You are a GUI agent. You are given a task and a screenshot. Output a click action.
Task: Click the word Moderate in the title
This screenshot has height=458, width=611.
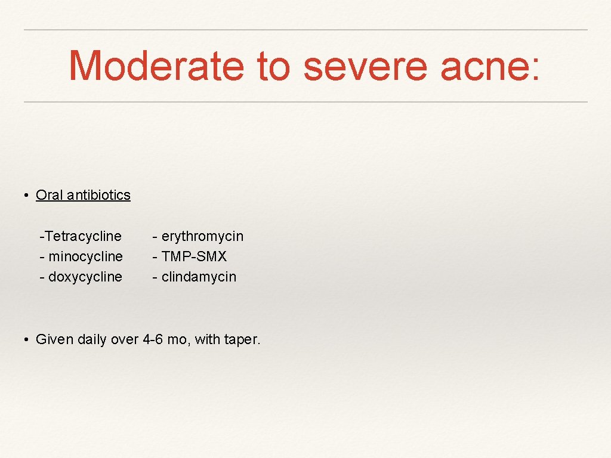click(x=156, y=66)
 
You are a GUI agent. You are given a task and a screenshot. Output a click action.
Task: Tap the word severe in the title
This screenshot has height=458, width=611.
click(x=365, y=66)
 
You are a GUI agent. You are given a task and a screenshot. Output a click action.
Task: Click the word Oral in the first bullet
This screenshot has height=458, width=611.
click(x=50, y=195)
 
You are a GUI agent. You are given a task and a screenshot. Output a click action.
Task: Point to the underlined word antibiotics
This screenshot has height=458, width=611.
click(x=98, y=195)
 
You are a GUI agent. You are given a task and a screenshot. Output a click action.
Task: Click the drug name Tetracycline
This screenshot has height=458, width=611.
click(x=82, y=236)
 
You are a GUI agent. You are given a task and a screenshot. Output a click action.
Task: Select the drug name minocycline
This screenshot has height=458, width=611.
click(x=85, y=256)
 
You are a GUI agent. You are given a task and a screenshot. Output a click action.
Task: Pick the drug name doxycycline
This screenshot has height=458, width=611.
click(x=85, y=277)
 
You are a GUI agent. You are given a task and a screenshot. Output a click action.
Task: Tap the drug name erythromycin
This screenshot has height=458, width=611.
click(x=202, y=236)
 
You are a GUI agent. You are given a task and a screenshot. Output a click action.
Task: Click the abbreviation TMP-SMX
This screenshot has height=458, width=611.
click(x=194, y=256)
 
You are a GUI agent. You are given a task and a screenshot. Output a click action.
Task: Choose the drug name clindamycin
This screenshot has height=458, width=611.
click(x=199, y=277)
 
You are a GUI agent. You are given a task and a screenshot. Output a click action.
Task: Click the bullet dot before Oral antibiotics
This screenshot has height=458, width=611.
click(x=27, y=196)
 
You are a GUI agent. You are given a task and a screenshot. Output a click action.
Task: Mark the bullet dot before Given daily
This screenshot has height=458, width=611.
click(x=27, y=340)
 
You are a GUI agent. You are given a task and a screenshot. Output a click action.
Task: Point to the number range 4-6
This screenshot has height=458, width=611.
click(x=153, y=340)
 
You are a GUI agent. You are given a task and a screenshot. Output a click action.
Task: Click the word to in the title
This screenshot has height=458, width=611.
click(x=273, y=66)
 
